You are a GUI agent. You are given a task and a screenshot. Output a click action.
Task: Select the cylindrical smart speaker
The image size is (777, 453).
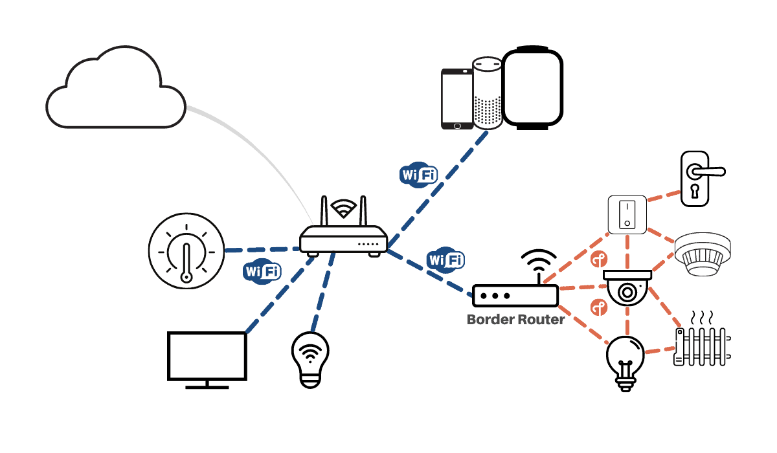tap(487, 93)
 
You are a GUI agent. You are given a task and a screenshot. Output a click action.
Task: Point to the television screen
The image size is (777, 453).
tap(207, 357)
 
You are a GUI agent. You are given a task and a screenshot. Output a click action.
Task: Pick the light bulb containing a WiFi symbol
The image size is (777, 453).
tap(310, 359)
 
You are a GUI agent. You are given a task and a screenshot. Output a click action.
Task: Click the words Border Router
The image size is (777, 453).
tap(515, 319)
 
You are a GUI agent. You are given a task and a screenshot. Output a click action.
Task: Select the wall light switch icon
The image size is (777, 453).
tap(626, 214)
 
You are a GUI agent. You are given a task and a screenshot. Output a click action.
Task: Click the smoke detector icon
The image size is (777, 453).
tap(703, 256)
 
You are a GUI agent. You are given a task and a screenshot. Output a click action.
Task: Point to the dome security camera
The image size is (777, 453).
tap(626, 287)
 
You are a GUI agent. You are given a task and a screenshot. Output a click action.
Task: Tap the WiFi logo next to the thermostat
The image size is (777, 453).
tap(262, 271)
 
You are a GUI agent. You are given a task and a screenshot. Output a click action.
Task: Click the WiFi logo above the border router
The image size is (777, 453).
tap(445, 260)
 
